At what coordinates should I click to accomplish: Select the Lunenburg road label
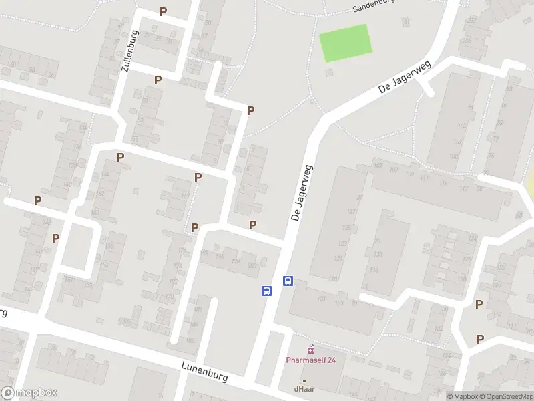click(x=204, y=371)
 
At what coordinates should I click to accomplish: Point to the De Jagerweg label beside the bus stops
click(x=302, y=194)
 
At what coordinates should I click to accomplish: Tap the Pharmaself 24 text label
click(x=311, y=360)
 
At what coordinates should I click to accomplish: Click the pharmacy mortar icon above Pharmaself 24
click(x=310, y=349)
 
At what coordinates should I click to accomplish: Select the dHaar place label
click(x=304, y=388)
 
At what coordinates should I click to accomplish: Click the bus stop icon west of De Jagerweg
click(x=266, y=291)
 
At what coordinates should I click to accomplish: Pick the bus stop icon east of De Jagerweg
click(x=288, y=281)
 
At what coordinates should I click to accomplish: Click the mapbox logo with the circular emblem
click(x=28, y=393)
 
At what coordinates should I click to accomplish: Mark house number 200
click(x=252, y=265)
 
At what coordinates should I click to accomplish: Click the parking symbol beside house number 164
click(x=121, y=158)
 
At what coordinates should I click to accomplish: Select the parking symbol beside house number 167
click(x=198, y=177)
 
